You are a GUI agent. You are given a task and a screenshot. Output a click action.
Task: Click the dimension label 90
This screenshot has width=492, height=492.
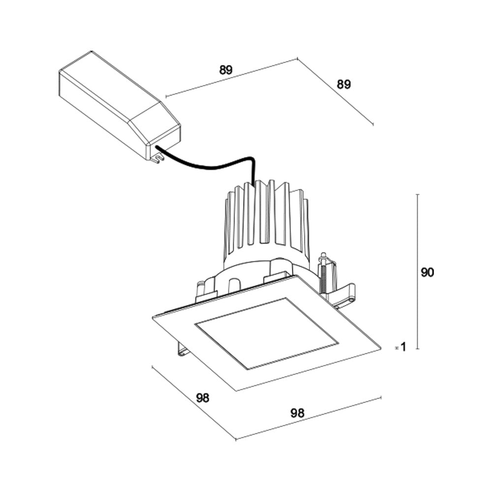(427, 272)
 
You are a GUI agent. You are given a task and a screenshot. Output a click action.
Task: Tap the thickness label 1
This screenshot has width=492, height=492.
(403, 347)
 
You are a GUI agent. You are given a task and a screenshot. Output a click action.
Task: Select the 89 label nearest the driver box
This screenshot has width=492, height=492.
(225, 70)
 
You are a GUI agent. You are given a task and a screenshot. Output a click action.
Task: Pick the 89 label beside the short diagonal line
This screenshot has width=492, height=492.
(343, 84)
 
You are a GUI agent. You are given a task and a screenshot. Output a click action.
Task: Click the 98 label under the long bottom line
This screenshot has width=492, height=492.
(297, 413)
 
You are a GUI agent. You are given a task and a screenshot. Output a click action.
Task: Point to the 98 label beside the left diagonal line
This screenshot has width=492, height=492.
(203, 398)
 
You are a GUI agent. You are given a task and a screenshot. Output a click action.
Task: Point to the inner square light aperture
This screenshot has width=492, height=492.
(266, 332)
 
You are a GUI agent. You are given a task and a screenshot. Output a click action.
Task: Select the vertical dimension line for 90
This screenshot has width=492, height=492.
(417, 271)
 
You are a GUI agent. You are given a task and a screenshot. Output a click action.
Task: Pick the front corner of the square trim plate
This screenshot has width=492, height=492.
(237, 390)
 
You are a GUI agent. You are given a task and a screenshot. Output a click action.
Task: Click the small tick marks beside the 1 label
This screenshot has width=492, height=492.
(396, 347)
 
